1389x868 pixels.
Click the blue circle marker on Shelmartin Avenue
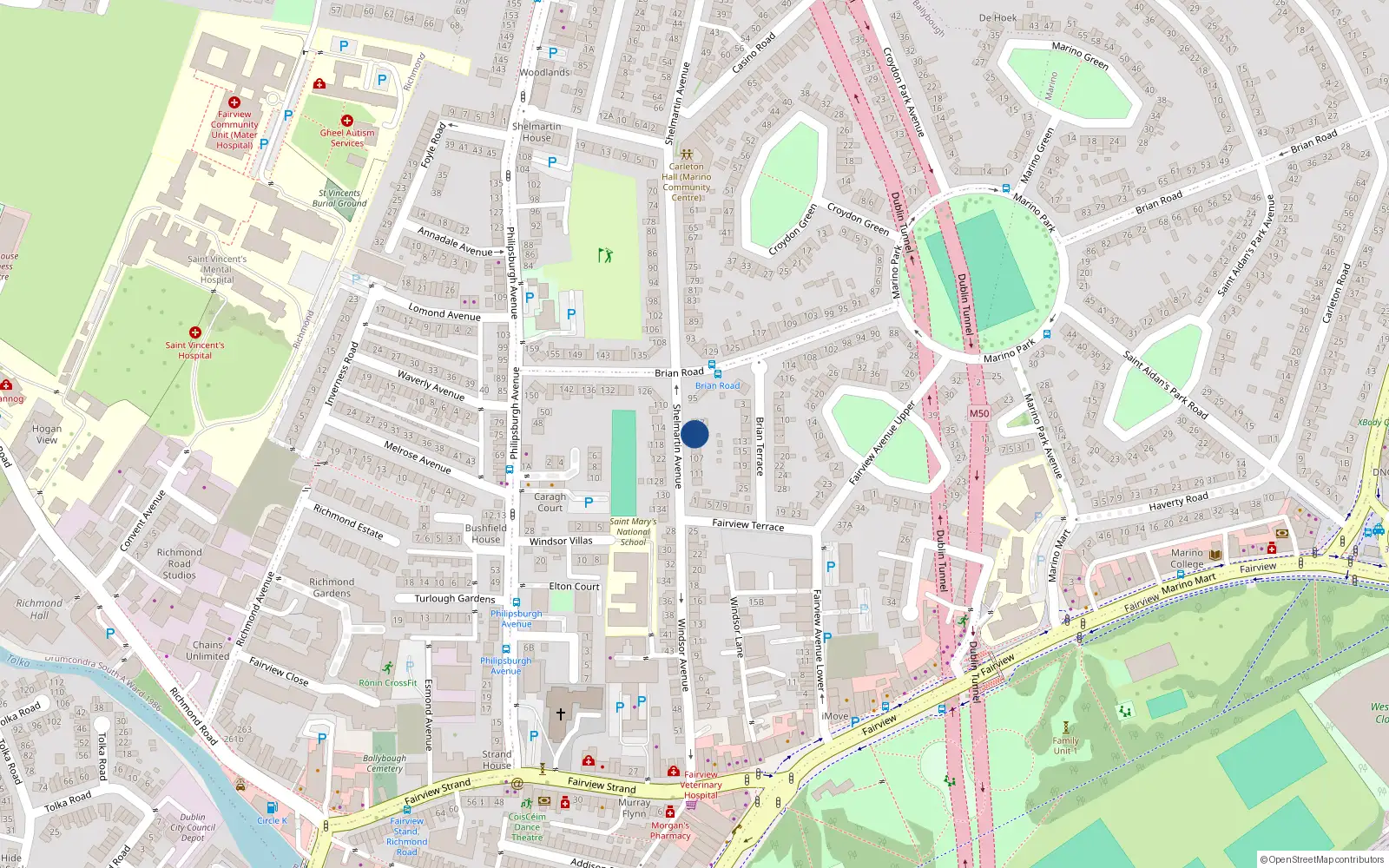694,434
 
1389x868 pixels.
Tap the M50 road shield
979,413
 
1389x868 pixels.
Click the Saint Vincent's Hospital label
194,350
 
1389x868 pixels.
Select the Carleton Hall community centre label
687,181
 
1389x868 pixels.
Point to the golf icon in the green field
605,254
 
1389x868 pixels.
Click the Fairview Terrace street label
747,524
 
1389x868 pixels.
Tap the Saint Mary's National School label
633,532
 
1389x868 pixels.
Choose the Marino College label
1187,558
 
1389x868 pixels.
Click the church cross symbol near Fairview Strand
561,714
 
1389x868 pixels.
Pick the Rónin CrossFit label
388,682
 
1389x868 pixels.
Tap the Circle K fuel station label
272,820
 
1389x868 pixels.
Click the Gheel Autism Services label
347,137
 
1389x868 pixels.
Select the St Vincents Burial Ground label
339,198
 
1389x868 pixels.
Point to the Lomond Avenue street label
444,313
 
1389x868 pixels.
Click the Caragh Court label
550,503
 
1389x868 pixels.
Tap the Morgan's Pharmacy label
670,831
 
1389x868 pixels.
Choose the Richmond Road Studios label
180,563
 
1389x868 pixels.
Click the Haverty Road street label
1178,500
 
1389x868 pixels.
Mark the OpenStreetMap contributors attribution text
1322,859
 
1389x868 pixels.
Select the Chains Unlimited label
207,650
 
